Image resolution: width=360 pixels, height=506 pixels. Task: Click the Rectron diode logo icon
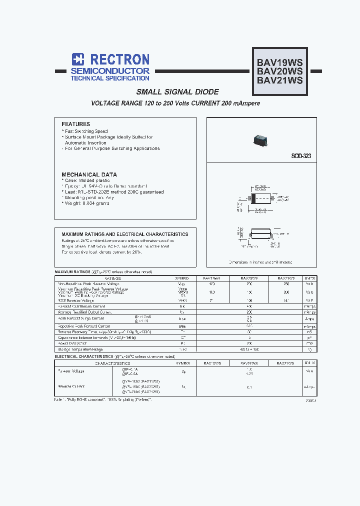click(77, 59)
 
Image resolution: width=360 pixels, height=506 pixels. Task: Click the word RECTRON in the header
click(118, 59)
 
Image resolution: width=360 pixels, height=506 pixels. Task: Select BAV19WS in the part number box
click(279, 63)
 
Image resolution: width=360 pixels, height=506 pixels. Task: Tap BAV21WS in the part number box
click(279, 80)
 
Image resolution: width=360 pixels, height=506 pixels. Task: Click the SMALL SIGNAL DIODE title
click(177, 92)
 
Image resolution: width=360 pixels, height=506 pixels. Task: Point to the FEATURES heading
click(75, 124)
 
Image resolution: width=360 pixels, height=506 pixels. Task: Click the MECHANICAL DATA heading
click(89, 174)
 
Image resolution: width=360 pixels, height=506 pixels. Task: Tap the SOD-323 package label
click(301, 156)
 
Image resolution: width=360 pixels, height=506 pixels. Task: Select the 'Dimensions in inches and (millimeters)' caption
click(260, 262)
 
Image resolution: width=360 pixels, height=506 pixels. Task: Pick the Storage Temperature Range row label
click(80, 349)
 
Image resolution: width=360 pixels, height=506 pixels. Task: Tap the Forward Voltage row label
click(71, 371)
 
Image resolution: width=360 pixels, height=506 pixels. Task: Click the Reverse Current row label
click(71, 386)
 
